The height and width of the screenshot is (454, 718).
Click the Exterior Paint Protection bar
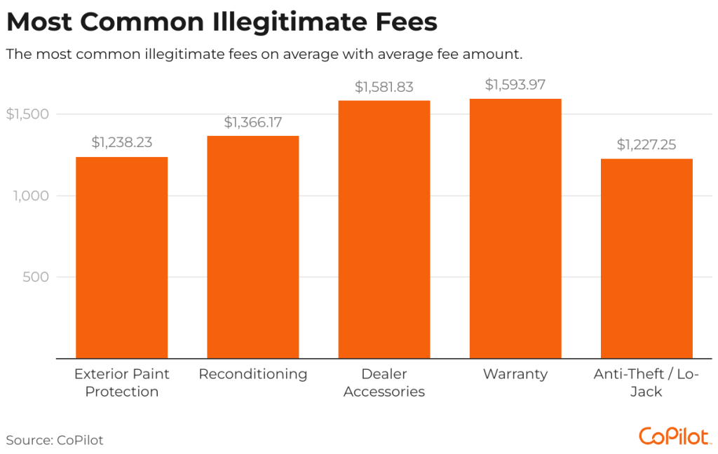(x=121, y=258)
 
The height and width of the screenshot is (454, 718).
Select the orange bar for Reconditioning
(x=252, y=247)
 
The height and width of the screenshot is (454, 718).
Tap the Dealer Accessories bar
(x=384, y=230)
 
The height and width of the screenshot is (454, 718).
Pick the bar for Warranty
(x=515, y=229)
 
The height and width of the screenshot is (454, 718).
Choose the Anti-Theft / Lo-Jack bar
(x=646, y=259)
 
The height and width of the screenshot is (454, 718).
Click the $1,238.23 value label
(x=121, y=142)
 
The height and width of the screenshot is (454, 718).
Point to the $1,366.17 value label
(x=252, y=122)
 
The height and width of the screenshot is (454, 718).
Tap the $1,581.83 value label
(x=384, y=88)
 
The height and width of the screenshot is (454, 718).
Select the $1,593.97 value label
(x=515, y=85)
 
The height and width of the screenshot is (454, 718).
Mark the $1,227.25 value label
(x=646, y=144)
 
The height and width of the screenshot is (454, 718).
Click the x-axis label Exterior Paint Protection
(x=121, y=383)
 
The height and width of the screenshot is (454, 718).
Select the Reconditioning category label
(x=252, y=374)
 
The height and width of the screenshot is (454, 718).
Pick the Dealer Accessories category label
(x=384, y=383)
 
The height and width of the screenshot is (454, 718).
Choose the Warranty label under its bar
(x=515, y=374)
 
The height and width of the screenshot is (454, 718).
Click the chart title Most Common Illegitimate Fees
(x=222, y=22)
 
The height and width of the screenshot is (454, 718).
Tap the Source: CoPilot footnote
(x=55, y=440)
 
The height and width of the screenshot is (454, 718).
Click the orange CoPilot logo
(x=675, y=436)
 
